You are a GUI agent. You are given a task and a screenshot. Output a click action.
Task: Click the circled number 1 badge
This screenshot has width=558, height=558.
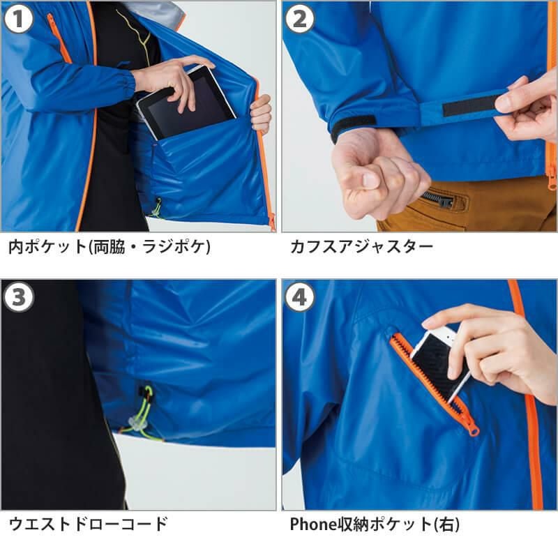(18, 19)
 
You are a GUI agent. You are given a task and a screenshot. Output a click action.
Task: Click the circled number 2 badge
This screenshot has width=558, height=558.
(300, 19)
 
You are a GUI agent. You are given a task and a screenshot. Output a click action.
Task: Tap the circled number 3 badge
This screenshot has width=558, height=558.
(18, 297)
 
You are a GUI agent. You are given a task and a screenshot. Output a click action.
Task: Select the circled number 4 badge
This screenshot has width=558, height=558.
(300, 297)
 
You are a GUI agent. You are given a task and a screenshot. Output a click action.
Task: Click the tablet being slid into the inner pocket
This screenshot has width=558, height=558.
(186, 103)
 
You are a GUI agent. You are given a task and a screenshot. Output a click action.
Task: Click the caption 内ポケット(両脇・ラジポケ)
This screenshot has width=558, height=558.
(110, 247)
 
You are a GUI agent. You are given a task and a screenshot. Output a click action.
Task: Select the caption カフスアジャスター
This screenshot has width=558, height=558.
(361, 247)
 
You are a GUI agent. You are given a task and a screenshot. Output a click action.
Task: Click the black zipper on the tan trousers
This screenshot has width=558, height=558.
(438, 199)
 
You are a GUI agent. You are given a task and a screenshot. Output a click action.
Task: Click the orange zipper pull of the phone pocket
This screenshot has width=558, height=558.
(474, 430)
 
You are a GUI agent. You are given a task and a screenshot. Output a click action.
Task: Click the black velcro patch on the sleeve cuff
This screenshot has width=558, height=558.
(352, 126)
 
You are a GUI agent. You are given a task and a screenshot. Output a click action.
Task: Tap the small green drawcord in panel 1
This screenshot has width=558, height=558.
(156, 208)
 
